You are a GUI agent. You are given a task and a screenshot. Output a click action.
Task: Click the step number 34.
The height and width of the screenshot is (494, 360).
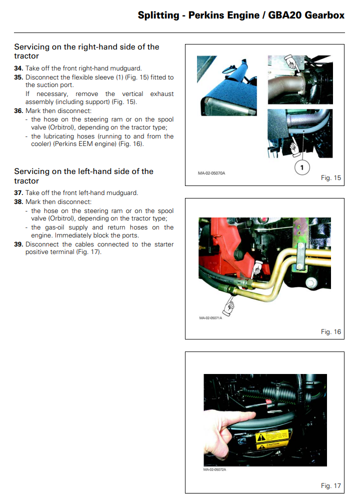(18, 68)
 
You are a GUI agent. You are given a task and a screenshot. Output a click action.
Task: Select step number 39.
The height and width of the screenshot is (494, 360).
(18, 244)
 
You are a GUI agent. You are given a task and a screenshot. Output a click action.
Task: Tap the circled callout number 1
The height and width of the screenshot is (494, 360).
(302, 167)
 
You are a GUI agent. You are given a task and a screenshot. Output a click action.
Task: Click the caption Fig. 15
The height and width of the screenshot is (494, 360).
(330, 177)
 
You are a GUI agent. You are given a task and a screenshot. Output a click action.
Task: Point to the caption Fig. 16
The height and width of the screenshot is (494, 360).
(330, 331)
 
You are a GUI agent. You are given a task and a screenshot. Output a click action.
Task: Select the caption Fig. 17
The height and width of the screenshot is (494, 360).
(330, 485)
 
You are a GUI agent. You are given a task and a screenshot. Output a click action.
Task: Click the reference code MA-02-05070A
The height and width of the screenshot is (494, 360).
(211, 173)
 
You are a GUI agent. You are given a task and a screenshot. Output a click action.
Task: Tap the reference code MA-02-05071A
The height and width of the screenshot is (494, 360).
(210, 318)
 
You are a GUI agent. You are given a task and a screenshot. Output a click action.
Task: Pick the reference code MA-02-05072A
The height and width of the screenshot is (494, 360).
(215, 469)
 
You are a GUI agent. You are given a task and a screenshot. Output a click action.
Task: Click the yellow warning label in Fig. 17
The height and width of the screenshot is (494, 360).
(272, 439)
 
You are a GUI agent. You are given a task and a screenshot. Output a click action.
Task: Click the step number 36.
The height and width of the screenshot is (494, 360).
(18, 111)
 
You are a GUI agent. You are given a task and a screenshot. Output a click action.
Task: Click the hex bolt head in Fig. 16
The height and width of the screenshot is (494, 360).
(311, 283)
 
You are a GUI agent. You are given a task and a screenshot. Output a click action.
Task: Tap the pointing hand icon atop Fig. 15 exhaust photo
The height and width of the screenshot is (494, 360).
(291, 62)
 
